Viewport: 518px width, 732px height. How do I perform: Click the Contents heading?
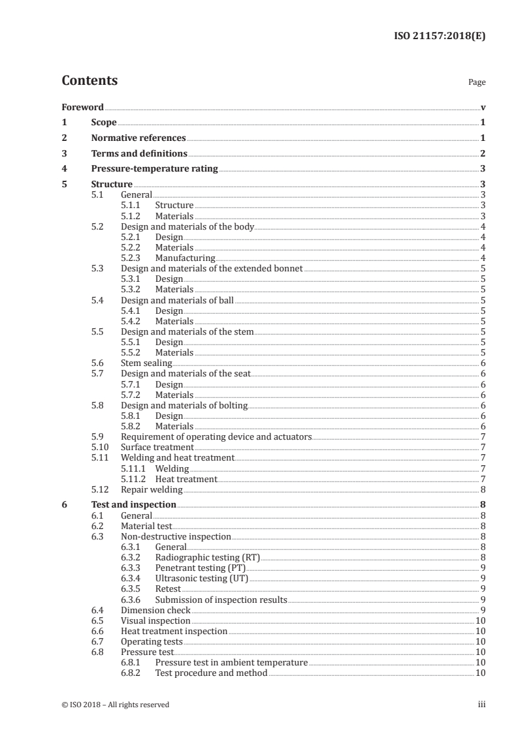click(x=89, y=82)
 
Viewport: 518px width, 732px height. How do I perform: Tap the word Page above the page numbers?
click(x=477, y=83)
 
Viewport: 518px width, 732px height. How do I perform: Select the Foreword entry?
click(x=82, y=107)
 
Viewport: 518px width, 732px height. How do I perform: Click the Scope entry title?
click(x=104, y=123)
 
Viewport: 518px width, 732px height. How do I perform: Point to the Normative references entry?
click(x=138, y=138)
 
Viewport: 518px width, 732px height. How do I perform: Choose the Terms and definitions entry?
click(x=139, y=154)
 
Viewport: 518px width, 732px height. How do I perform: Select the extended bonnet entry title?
click(x=212, y=269)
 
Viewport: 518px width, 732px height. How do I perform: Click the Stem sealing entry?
click(x=146, y=363)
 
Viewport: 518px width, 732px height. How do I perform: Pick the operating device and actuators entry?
click(x=216, y=436)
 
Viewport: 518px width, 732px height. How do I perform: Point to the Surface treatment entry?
click(x=157, y=448)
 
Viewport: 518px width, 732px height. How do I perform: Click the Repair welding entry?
click(x=152, y=489)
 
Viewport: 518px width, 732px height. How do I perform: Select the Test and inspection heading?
click(x=134, y=504)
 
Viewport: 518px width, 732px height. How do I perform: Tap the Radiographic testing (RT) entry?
click(x=207, y=558)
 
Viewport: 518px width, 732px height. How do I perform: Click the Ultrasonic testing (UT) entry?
click(x=201, y=579)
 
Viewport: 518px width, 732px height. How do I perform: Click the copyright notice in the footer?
click(x=116, y=705)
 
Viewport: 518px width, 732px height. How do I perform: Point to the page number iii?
click(x=481, y=705)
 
